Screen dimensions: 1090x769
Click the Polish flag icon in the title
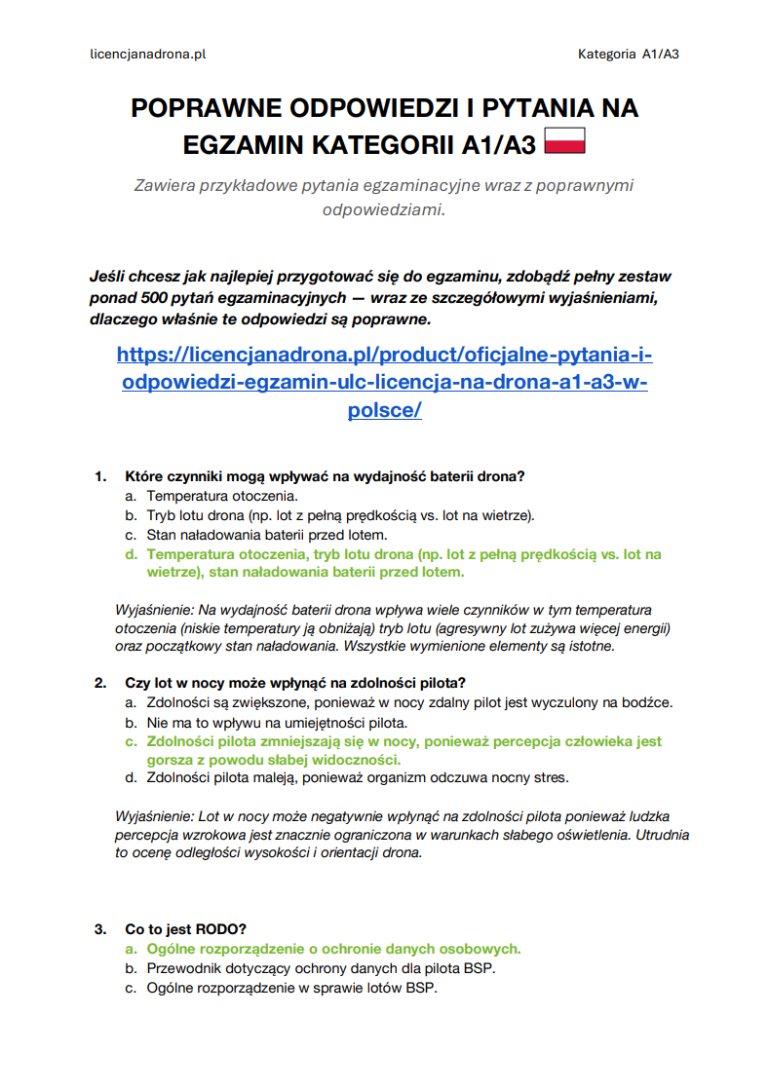point(564,142)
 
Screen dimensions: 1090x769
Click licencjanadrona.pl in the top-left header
point(147,55)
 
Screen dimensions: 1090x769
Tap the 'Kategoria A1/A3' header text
point(628,55)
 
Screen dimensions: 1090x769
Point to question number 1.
point(99,476)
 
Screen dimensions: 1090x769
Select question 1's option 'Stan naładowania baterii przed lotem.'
point(267,535)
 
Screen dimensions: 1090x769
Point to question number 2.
point(99,683)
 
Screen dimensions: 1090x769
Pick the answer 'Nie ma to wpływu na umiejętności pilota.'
point(277,723)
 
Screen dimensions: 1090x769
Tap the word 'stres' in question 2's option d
point(550,777)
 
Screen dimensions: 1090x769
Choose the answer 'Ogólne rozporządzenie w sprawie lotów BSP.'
point(291,988)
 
